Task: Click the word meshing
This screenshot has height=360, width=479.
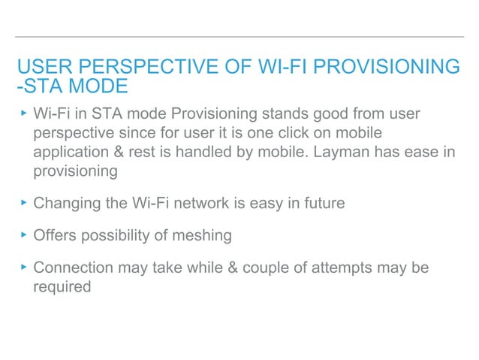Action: [204, 235]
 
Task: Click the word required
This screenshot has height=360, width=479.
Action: [62, 286]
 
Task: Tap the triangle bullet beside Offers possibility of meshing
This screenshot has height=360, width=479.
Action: [23, 234]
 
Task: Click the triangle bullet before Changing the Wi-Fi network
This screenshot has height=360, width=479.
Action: [23, 202]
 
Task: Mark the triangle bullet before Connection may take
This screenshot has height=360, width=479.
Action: [23, 267]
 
